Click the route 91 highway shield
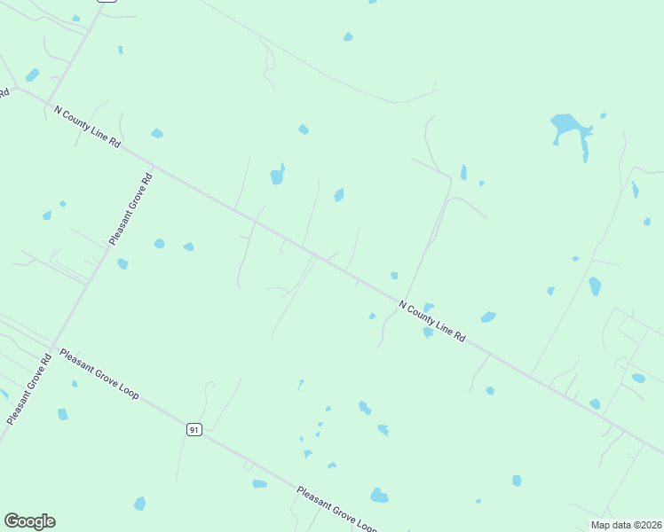194,429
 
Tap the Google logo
30,521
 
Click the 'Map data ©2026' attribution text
627,524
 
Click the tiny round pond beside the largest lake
604,115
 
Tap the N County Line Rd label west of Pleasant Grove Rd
87,127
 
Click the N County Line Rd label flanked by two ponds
432,321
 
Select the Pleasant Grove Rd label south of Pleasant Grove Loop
28,388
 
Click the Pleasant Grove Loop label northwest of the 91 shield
99,373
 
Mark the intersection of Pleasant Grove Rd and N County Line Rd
153,165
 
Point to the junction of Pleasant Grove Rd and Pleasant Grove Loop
53,345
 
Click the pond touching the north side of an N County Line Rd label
429,307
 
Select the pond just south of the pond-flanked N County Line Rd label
428,332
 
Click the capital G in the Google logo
12,521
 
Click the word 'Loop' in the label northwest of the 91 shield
126,389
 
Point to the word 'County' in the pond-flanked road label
427,318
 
